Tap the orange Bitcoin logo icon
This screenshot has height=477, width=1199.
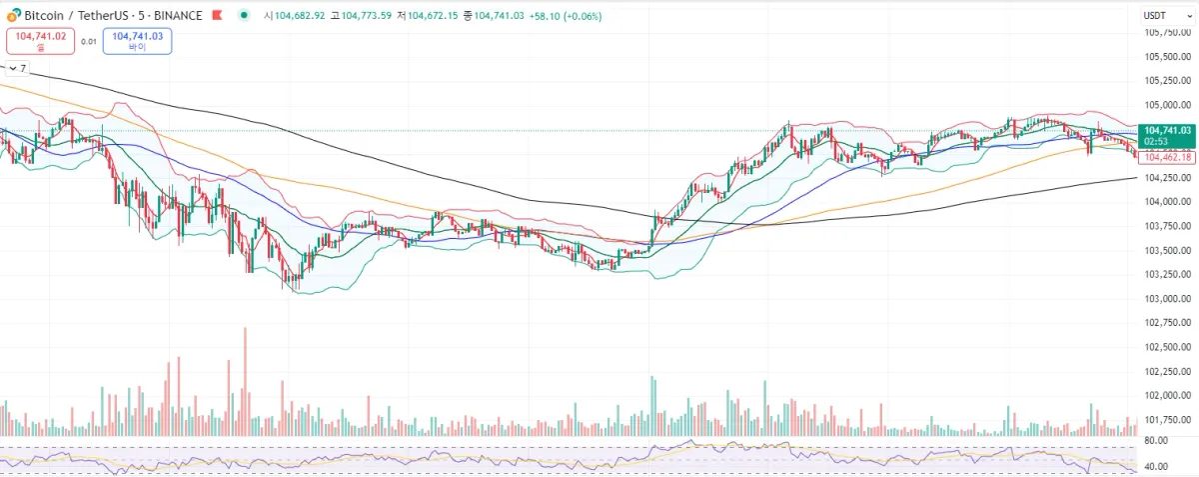pos(14,15)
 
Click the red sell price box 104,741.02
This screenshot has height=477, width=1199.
pos(41,41)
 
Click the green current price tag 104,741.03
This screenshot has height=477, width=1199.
pos(1167,130)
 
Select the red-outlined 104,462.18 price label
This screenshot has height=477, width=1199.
pos(1167,157)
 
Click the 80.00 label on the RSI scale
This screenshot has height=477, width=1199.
pos(1156,441)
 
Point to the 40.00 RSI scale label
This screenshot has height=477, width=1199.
pos(1156,467)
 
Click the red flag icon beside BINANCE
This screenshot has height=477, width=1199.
pos(216,15)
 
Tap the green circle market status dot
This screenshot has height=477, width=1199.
pos(245,15)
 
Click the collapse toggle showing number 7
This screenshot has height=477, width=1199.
pos(17,69)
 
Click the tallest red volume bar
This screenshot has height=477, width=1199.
pos(245,380)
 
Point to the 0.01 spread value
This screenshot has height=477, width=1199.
pos(89,42)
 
